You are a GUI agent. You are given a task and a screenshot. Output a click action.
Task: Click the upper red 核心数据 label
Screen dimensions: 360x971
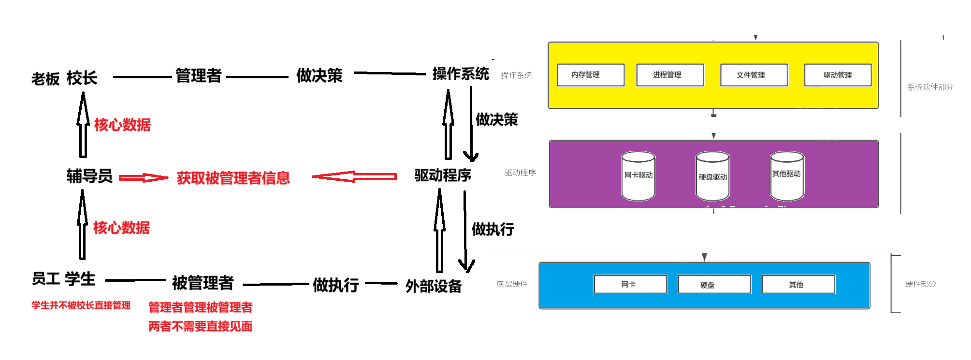coord(122,125)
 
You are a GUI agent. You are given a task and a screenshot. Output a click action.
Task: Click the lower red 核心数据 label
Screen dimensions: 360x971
coord(122,228)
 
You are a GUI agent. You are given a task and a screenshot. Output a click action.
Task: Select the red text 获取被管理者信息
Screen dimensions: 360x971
coord(233,178)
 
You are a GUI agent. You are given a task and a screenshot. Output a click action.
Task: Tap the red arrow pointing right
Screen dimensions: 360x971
coord(144,178)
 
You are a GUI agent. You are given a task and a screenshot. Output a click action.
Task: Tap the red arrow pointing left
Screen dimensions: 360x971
coord(354,177)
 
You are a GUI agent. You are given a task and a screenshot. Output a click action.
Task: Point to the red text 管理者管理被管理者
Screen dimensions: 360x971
coord(201,307)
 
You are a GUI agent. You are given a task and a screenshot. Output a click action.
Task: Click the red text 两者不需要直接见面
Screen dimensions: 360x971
coord(201,327)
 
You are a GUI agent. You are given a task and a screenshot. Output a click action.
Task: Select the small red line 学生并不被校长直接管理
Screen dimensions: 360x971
coord(81,305)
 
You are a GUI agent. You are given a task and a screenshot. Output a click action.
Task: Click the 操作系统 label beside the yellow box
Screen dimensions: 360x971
coord(517,75)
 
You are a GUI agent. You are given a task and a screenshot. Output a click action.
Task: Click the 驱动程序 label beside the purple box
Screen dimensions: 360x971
coord(521,173)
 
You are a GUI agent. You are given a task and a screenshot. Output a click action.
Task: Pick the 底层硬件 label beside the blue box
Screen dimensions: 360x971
coord(512,284)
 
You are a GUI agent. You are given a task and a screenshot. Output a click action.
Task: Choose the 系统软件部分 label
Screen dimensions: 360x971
coord(930,87)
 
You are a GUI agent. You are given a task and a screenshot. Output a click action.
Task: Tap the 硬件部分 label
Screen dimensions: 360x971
coord(921,284)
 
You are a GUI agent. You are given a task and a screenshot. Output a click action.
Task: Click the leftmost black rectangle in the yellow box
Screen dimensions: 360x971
coord(591,75)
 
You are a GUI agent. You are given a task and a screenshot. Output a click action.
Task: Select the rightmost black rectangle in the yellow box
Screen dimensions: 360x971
coord(838,75)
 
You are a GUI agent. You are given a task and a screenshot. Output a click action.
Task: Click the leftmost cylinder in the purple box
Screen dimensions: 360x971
coord(638,176)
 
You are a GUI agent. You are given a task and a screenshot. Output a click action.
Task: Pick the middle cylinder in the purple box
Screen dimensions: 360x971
coord(713,176)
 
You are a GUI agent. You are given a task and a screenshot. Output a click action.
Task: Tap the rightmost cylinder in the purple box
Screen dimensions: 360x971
coord(787,176)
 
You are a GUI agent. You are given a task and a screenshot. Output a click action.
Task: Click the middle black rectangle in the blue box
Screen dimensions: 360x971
coord(714,284)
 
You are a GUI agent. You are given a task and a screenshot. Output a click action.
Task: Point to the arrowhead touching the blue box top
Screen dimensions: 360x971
coord(705,257)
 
